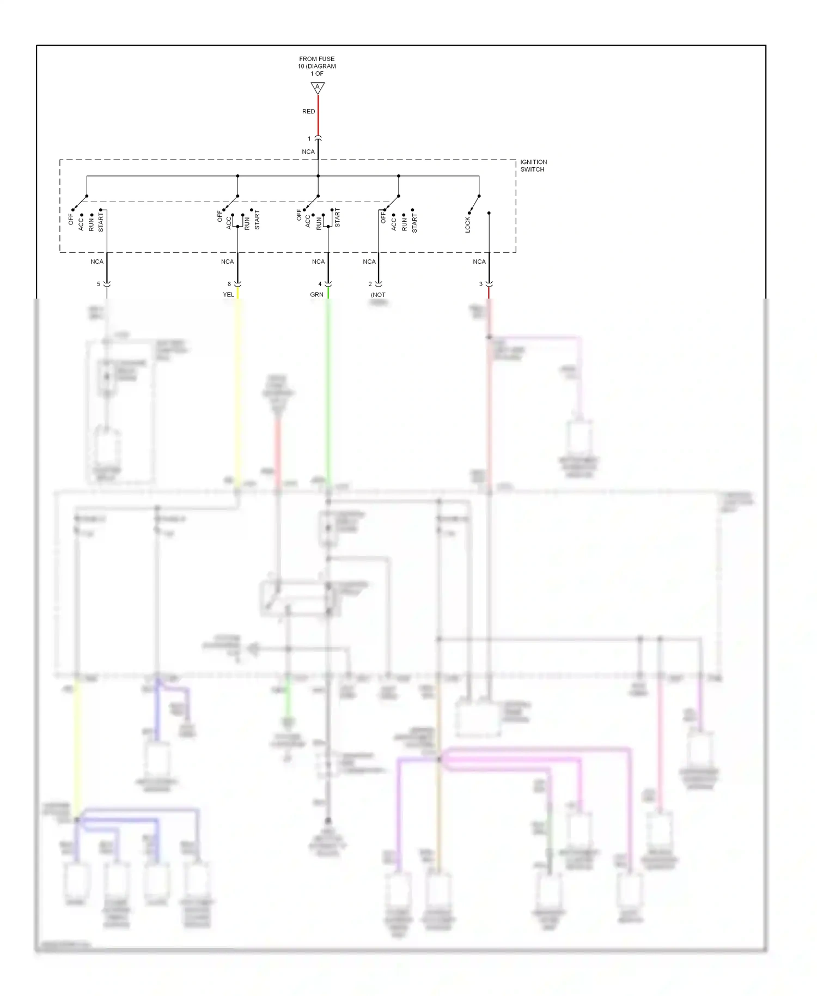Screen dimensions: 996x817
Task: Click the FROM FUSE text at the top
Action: click(316, 59)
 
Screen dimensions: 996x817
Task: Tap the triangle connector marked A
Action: click(318, 87)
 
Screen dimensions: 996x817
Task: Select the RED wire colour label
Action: click(308, 112)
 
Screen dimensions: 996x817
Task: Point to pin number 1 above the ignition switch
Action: click(309, 139)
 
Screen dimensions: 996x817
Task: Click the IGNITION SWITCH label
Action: click(533, 166)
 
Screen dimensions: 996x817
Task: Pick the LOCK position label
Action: click(467, 225)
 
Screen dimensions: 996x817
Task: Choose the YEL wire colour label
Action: click(228, 295)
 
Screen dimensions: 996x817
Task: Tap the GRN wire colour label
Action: click(316, 295)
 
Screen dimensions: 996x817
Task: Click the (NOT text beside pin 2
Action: click(378, 295)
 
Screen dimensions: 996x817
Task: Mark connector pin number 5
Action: click(99, 284)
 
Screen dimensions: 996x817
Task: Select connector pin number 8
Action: click(229, 284)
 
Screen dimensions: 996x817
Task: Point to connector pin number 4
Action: click(320, 284)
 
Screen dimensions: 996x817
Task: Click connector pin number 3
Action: click(480, 284)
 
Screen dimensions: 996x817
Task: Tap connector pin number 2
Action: click(370, 284)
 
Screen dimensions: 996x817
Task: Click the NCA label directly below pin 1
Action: click(308, 152)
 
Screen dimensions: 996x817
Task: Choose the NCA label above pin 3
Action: click(479, 262)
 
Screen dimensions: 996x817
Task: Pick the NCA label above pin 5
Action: click(97, 262)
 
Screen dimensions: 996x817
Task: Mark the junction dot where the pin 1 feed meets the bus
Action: click(318, 176)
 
